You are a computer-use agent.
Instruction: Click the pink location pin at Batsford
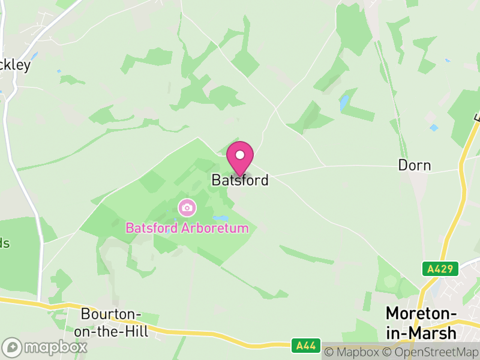(240, 158)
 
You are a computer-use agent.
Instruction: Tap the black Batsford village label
(240, 180)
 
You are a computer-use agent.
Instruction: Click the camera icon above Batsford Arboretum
(187, 208)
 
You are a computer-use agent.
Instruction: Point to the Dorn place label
(415, 165)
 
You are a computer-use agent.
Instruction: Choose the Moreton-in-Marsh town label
(421, 323)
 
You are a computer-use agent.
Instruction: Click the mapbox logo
(45, 347)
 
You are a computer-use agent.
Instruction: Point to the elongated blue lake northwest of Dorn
(344, 103)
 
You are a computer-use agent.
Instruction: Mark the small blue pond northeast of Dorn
(434, 128)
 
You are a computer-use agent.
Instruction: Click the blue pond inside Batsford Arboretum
(221, 218)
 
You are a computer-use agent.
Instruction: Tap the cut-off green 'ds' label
(5, 243)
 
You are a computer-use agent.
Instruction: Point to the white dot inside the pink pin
(240, 155)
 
